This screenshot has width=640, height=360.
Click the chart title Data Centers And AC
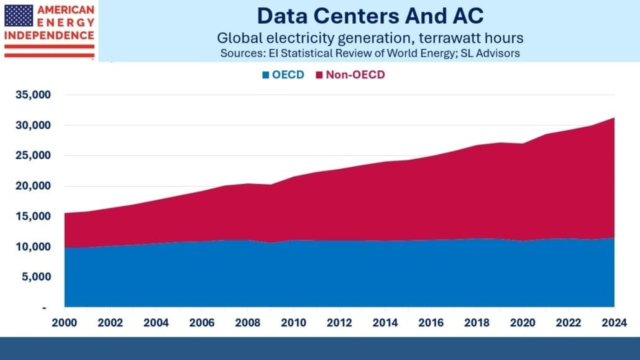(370, 15)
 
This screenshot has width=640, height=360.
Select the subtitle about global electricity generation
(370, 38)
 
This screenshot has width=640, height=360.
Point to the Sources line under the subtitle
(370, 53)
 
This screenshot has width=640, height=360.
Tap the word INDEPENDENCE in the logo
(49, 35)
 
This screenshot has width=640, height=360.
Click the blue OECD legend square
(266, 75)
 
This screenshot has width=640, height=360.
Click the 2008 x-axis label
(248, 323)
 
